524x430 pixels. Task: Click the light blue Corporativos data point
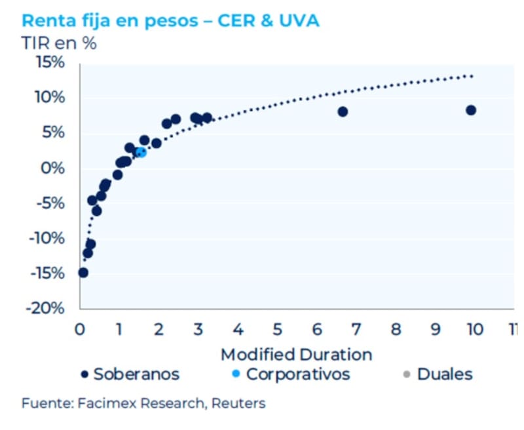pyautogui.click(x=141, y=152)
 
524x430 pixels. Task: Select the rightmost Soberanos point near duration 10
pyautogui.click(x=470, y=110)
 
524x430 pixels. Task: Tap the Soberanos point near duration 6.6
pyautogui.click(x=343, y=111)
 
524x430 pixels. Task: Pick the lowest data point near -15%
pyautogui.click(x=83, y=273)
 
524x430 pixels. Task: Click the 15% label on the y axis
pyautogui.click(x=50, y=63)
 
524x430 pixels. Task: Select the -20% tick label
pyautogui.click(x=46, y=308)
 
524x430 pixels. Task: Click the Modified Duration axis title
pyautogui.click(x=296, y=355)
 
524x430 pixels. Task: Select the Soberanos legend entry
pyautogui.click(x=130, y=374)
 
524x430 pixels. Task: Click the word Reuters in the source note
pyautogui.click(x=241, y=403)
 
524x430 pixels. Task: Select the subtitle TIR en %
pyautogui.click(x=59, y=43)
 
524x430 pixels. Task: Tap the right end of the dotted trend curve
pyautogui.click(x=472, y=76)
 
